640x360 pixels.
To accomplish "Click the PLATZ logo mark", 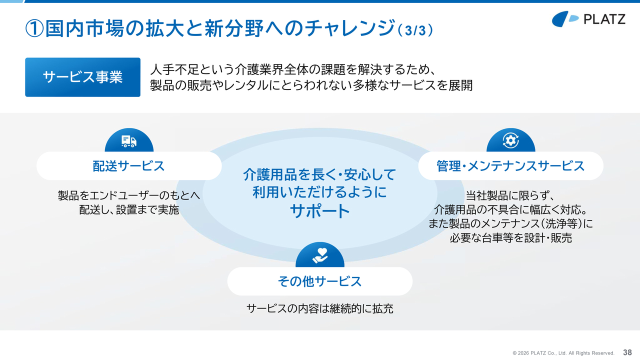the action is click(565, 19).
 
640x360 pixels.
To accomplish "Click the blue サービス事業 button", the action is click(82, 77).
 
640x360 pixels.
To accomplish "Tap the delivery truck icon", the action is click(129, 141).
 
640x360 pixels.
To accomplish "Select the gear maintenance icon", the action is click(510, 140).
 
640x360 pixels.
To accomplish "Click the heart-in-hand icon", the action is click(320, 255).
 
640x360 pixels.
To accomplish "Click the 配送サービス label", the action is click(129, 166).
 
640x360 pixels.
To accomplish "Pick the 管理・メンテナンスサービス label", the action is click(510, 166).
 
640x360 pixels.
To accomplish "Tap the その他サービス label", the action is click(320, 281).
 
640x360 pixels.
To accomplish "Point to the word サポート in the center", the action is click(320, 211).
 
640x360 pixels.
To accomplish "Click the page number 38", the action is click(627, 352).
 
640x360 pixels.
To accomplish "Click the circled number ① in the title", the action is click(34, 28).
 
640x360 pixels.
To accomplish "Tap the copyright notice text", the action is click(563, 353).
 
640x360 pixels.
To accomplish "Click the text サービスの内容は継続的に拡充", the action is click(320, 308).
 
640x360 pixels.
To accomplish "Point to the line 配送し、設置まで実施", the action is click(129, 209).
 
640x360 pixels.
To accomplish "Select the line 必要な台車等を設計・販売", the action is click(510, 237).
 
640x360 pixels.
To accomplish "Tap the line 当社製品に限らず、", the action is click(510, 195).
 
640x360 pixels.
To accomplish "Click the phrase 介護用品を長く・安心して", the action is click(319, 174).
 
